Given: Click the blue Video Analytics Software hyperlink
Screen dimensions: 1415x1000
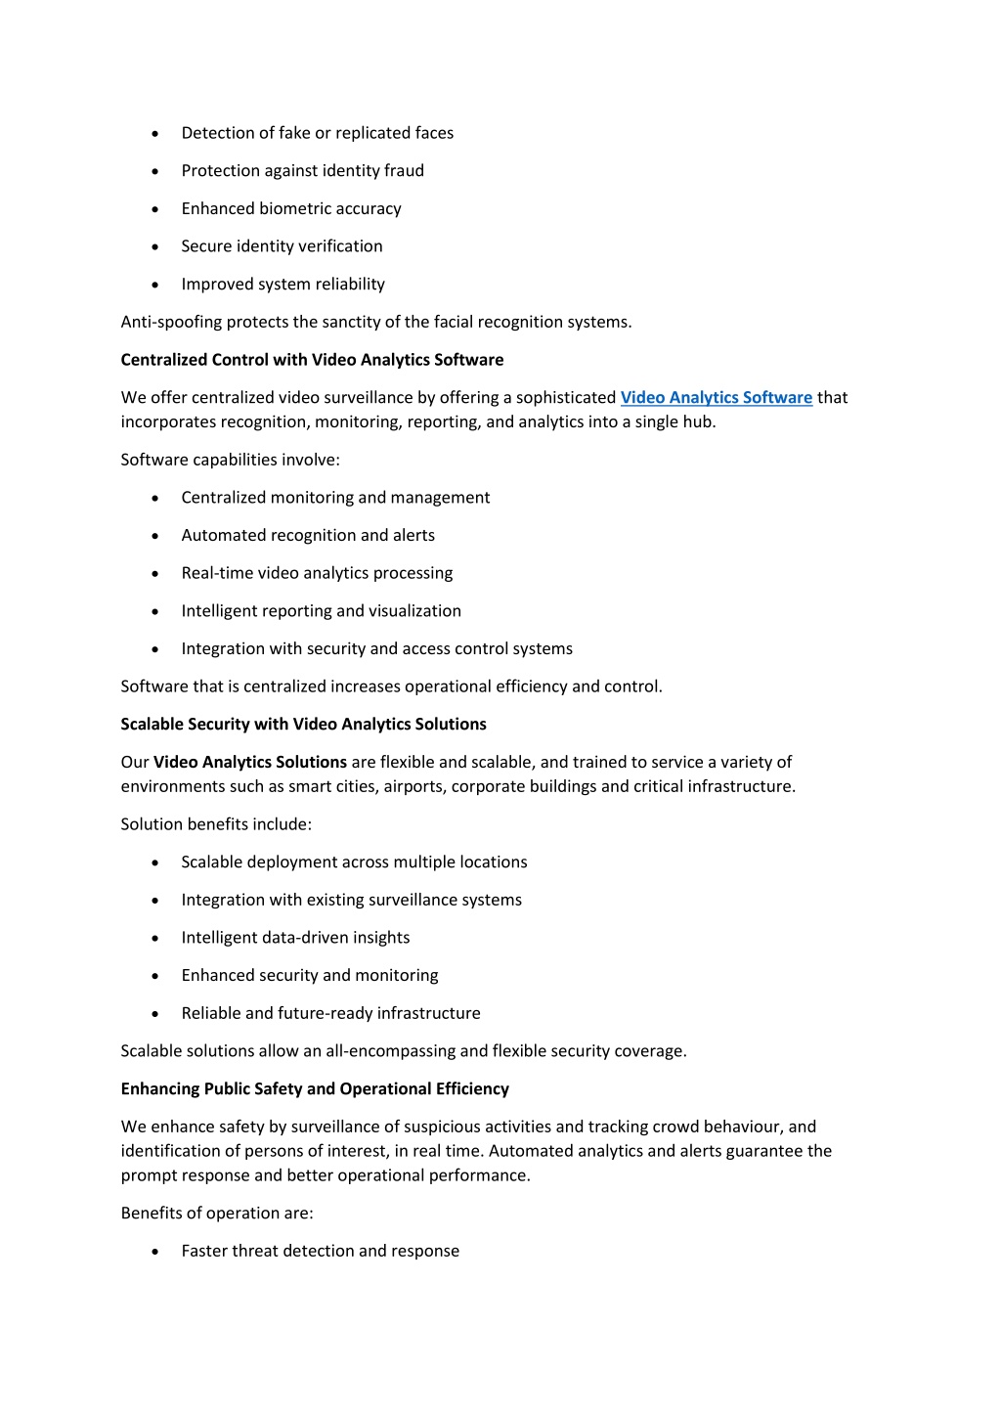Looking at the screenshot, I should point(716,397).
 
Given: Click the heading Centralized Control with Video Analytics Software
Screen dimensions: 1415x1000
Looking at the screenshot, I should point(312,360).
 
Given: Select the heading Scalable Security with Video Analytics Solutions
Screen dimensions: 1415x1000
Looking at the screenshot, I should point(303,724).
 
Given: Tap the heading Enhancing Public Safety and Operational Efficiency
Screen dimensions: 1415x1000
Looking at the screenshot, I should point(315,1088).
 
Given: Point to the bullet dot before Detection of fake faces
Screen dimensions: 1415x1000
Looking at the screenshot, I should point(155,134).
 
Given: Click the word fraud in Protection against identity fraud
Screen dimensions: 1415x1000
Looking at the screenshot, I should point(404,171).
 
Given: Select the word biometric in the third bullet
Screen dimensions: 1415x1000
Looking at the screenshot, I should point(296,208).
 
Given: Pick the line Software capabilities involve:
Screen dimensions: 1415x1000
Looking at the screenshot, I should point(230,460).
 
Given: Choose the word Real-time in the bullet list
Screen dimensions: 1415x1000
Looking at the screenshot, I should point(217,573).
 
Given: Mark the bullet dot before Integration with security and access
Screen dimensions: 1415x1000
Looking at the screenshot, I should point(155,649).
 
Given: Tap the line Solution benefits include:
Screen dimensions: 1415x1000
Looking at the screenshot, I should point(216,824).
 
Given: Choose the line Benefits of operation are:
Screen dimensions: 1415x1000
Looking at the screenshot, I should point(217,1213).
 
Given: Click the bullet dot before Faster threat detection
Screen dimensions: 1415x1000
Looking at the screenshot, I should point(155,1252).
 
